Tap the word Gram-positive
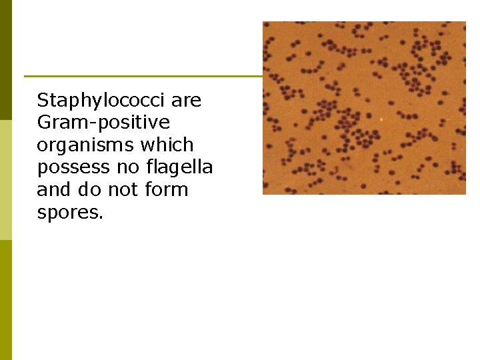point(103,123)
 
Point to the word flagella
point(181,167)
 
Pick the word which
point(167,145)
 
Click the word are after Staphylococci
point(186,101)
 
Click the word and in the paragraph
point(54,190)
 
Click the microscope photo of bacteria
point(364,108)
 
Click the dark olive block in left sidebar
point(6,60)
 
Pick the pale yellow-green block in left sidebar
point(6,180)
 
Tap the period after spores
point(101,217)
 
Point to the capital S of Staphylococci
point(43,101)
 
